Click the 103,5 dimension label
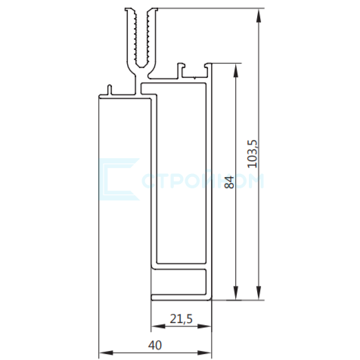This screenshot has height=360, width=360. click(x=253, y=154)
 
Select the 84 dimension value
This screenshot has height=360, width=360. click(x=229, y=182)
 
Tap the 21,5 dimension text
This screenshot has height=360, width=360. click(x=181, y=319)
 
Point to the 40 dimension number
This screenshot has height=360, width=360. click(x=155, y=345)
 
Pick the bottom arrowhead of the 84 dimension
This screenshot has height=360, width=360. click(x=236, y=293)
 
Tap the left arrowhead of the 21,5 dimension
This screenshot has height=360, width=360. click(x=158, y=327)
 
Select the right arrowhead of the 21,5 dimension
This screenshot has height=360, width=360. click(x=204, y=327)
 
